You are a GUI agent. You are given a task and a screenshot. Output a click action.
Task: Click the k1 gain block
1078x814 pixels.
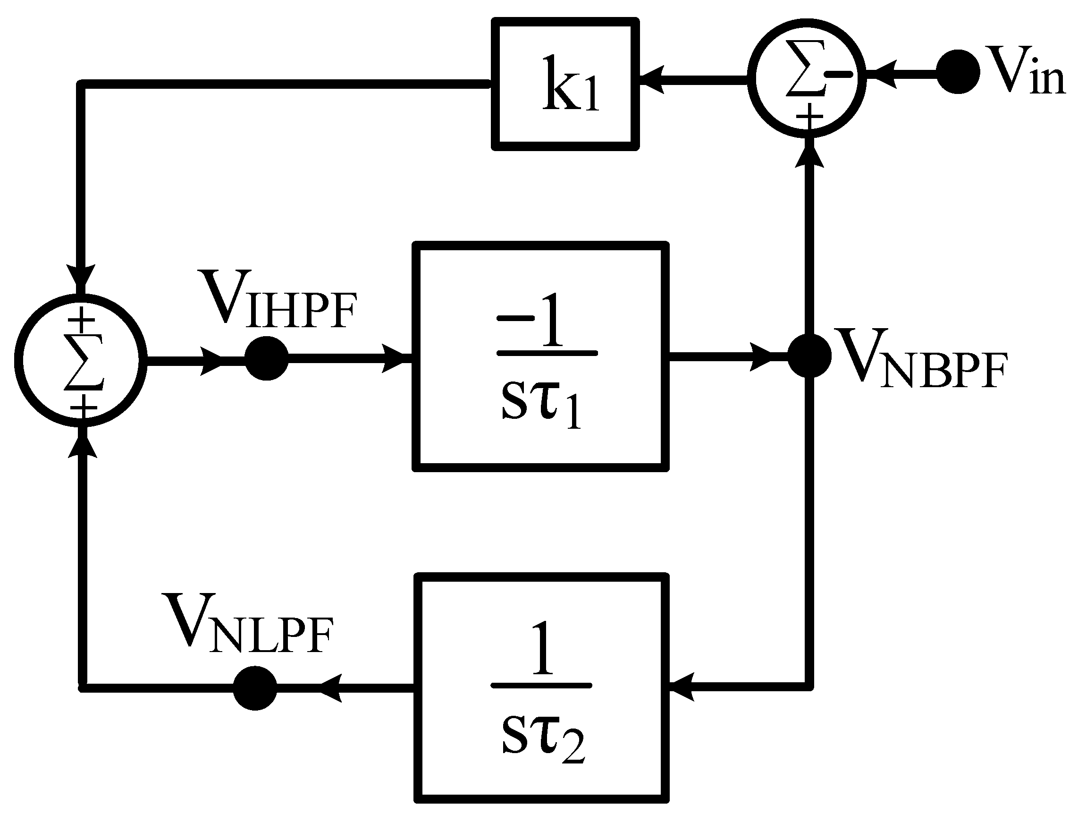tap(565, 84)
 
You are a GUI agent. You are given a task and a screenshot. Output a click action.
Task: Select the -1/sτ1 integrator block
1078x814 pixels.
tap(541, 357)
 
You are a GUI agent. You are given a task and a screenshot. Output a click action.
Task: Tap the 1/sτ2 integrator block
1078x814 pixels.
tap(541, 688)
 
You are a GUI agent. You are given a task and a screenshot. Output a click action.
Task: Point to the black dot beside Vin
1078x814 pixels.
tap(958, 72)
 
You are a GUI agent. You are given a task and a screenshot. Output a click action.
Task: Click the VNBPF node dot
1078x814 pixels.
tap(809, 356)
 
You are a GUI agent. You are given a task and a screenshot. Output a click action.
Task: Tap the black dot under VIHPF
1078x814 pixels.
tap(267, 358)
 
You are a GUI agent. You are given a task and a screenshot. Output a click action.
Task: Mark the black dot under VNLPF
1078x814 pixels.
tap(255, 688)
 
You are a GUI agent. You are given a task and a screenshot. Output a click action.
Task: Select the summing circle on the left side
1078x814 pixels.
tap(81, 360)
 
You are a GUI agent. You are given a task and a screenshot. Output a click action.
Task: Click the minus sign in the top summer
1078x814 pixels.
tap(839, 74)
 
